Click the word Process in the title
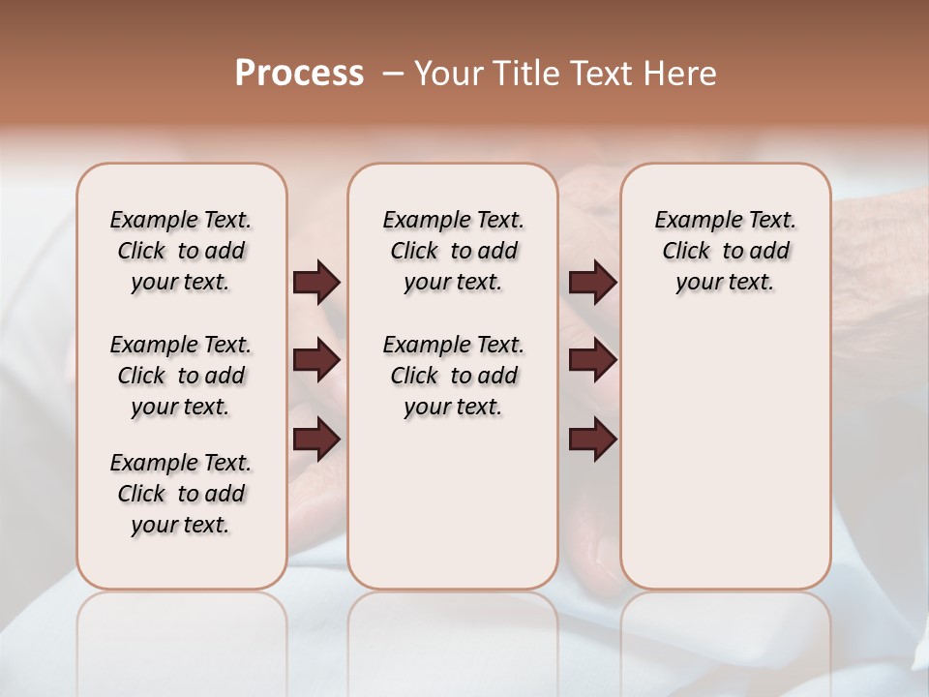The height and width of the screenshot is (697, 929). tap(299, 74)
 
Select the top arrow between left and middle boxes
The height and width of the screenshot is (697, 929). tap(316, 282)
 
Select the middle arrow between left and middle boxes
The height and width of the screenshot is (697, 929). tap(316, 361)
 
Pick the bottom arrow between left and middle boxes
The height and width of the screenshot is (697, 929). tap(316, 440)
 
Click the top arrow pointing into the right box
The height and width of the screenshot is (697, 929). tap(592, 282)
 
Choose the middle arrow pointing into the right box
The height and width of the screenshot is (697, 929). tap(592, 361)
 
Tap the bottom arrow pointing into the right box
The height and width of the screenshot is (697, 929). tap(592, 440)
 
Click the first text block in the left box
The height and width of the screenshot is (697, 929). tap(181, 251)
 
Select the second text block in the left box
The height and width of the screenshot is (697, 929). tap(181, 376)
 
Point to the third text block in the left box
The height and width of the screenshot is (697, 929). tap(181, 494)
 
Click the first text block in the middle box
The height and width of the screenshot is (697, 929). tap(453, 251)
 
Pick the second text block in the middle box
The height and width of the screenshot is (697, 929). tap(453, 376)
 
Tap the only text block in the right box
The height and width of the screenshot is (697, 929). tap(726, 251)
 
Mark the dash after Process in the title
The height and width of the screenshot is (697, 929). tap(393, 74)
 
